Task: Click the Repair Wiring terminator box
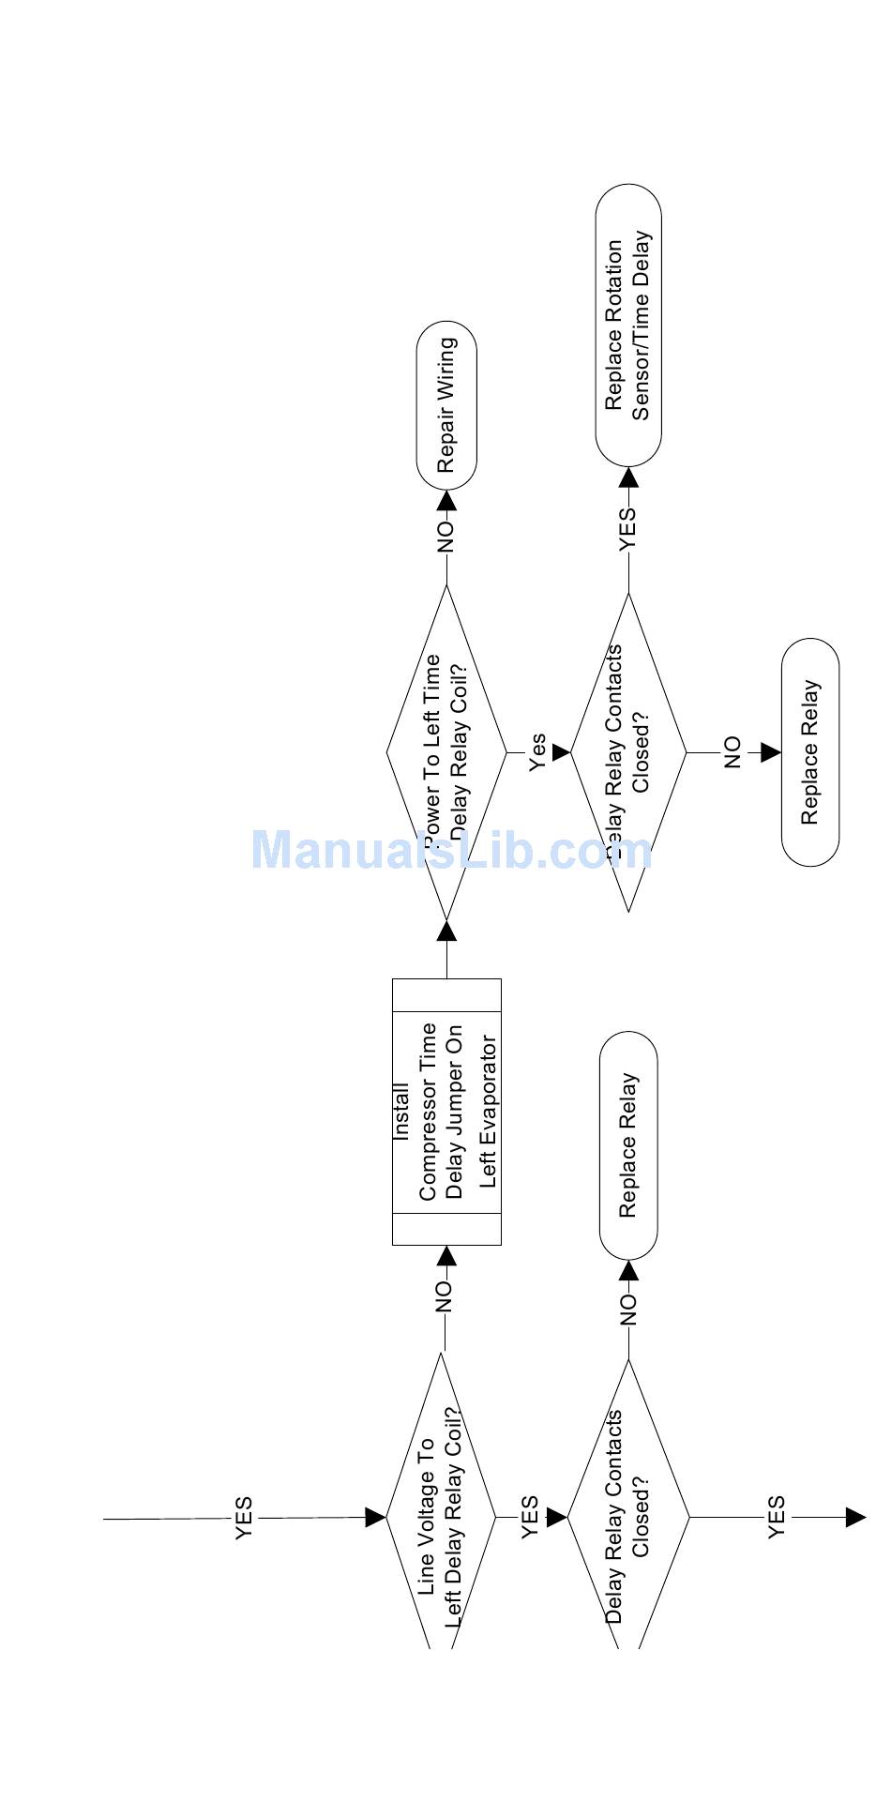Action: pos(446,405)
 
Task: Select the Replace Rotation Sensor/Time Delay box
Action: pos(628,326)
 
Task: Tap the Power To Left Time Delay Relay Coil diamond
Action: pos(446,750)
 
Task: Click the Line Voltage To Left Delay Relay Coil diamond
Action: pos(441,1516)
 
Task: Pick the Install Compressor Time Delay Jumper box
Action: pos(446,1112)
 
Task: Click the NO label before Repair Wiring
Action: pos(446,536)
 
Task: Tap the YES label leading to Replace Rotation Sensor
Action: pos(628,528)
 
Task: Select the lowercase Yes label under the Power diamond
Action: pos(537,752)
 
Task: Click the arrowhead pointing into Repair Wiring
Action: pos(447,499)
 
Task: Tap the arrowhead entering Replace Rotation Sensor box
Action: pos(628,477)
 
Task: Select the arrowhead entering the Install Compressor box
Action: pos(447,1256)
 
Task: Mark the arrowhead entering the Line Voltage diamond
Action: pos(375,1517)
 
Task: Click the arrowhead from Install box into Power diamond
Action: pos(447,931)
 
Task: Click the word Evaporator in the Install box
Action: pos(488,1112)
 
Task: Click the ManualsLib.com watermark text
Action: pos(451,850)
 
